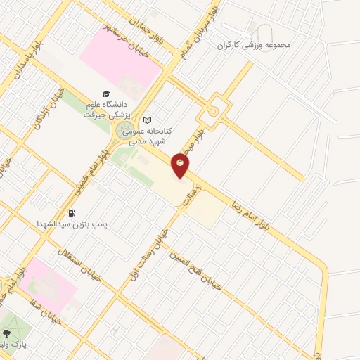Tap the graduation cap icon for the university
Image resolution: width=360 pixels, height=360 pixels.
click(x=106, y=94)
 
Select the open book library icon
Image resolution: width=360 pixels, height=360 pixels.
click(x=147, y=120)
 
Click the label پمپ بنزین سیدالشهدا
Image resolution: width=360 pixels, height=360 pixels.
click(x=75, y=224)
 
